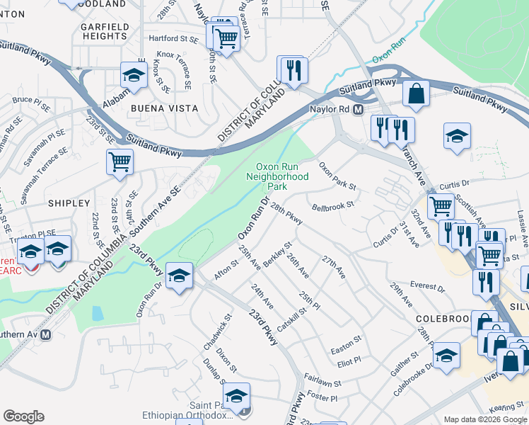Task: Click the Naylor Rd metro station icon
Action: [x=359, y=110]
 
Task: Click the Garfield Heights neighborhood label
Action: [x=105, y=31]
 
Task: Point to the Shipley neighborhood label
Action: [x=69, y=203]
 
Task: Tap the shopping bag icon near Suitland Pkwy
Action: [x=417, y=93]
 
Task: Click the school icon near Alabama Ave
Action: [x=132, y=74]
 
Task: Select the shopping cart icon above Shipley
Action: [x=120, y=161]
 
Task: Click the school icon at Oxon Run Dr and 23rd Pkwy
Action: [x=180, y=274]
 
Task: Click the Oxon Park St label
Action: [x=337, y=176]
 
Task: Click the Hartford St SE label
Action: [x=173, y=38]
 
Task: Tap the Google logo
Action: [x=23, y=416]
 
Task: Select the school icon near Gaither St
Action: [x=446, y=356]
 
